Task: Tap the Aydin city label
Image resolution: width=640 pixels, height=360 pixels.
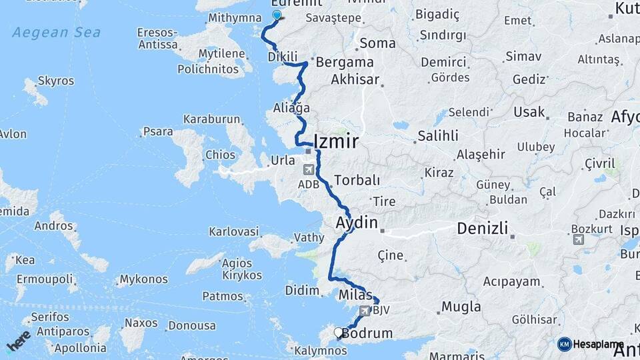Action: click(x=357, y=223)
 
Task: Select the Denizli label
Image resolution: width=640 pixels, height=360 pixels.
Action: click(x=482, y=229)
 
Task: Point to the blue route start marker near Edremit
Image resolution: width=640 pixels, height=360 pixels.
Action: click(x=277, y=15)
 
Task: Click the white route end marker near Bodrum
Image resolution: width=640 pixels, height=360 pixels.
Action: click(x=337, y=331)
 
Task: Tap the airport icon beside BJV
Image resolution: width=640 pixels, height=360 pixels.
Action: click(x=365, y=310)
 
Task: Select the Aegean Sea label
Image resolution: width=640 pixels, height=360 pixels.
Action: click(x=57, y=33)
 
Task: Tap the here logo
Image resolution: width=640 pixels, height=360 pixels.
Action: click(x=18, y=340)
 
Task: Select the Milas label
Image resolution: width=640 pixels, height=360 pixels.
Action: click(x=355, y=295)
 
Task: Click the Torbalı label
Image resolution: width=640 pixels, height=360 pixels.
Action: click(x=357, y=180)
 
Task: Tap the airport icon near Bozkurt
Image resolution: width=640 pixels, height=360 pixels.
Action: click(x=578, y=239)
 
